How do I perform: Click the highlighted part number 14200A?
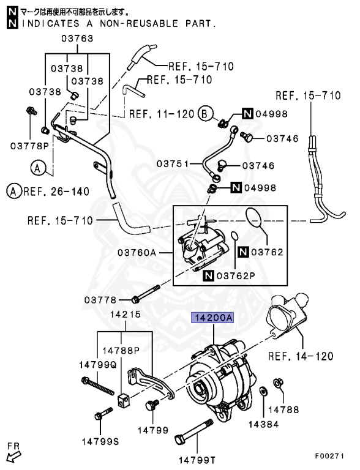(x=212, y=318)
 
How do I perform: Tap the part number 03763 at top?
(x=77, y=39)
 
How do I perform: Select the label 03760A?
(x=137, y=253)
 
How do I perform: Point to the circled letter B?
(x=206, y=114)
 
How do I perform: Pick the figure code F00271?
(x=329, y=456)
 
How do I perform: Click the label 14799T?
(x=197, y=460)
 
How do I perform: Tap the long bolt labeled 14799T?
(x=193, y=430)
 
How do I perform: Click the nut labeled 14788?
(x=278, y=382)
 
